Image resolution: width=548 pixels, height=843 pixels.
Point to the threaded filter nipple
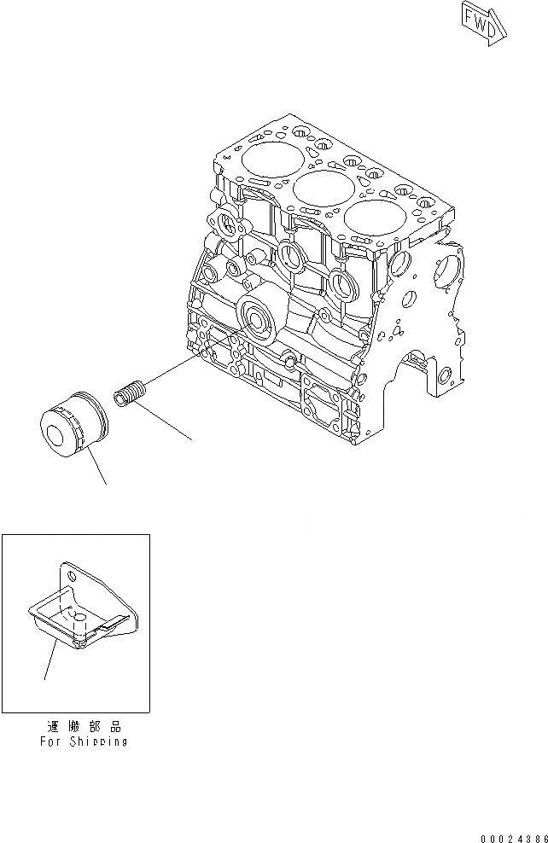(x=129, y=398)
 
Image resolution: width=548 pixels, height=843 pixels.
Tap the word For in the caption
(x=50, y=741)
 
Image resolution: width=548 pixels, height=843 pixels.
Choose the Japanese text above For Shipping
(x=84, y=726)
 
